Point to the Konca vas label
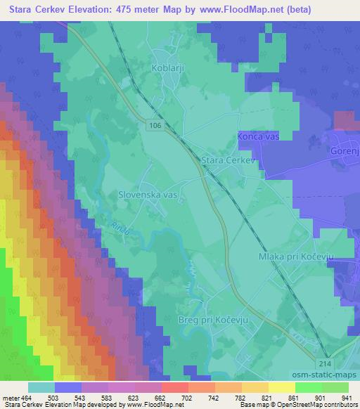258,136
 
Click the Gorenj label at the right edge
345,152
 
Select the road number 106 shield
156,124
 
